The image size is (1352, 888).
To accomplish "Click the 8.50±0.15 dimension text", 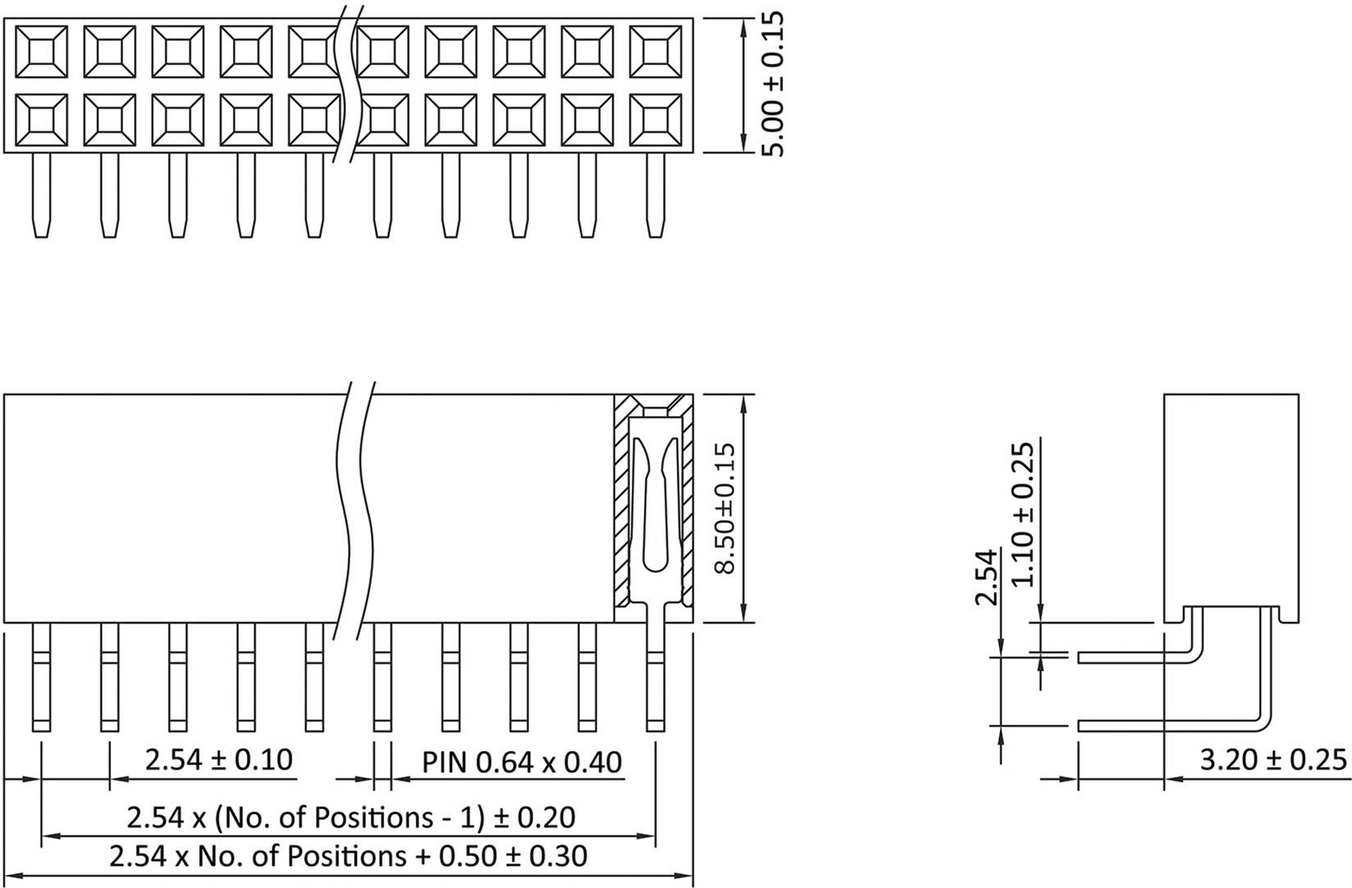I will tap(724, 509).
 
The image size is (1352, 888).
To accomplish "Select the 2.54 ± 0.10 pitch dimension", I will tap(218, 760).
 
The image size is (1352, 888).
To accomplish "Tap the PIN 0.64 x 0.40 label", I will tap(522, 762).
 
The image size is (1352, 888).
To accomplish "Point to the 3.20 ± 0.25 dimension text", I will tap(1273, 760).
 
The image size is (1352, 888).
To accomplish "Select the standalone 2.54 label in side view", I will tap(986, 577).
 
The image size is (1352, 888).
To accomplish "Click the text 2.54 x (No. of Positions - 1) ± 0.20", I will tap(350, 817).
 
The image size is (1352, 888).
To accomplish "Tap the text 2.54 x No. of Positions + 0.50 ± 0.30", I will tap(349, 856).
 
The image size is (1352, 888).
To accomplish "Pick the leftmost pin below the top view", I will tap(41, 195).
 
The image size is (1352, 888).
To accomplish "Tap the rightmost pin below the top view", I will tap(655, 195).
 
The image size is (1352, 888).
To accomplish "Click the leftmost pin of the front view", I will tap(42, 677).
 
